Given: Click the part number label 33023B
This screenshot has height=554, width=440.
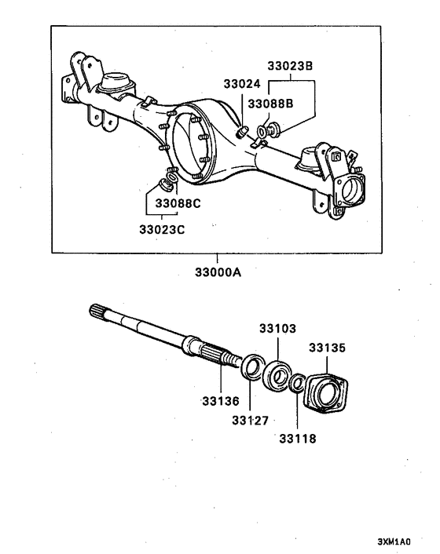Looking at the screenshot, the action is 290,66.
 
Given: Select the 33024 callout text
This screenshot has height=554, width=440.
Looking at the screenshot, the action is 242,84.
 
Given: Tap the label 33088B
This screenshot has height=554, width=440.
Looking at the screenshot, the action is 270,104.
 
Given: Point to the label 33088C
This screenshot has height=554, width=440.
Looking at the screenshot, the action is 178,203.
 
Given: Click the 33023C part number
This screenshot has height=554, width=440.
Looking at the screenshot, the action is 162,230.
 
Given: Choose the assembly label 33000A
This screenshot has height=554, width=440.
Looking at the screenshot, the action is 218,272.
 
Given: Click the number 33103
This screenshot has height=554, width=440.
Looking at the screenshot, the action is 277,329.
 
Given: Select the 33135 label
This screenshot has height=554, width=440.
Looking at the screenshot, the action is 327,348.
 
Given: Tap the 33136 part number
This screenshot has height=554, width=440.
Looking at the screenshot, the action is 221,401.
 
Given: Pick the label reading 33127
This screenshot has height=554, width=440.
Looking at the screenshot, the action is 251,421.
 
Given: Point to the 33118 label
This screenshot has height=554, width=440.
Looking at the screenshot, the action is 298,439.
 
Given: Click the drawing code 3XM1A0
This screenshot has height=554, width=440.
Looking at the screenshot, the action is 394,541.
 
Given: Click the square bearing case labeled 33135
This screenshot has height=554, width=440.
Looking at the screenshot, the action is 326,393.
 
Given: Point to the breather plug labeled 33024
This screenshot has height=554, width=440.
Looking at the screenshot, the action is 241,133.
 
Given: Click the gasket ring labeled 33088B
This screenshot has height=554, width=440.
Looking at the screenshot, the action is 262,132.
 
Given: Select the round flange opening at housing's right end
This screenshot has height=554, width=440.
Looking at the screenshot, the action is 351,191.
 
